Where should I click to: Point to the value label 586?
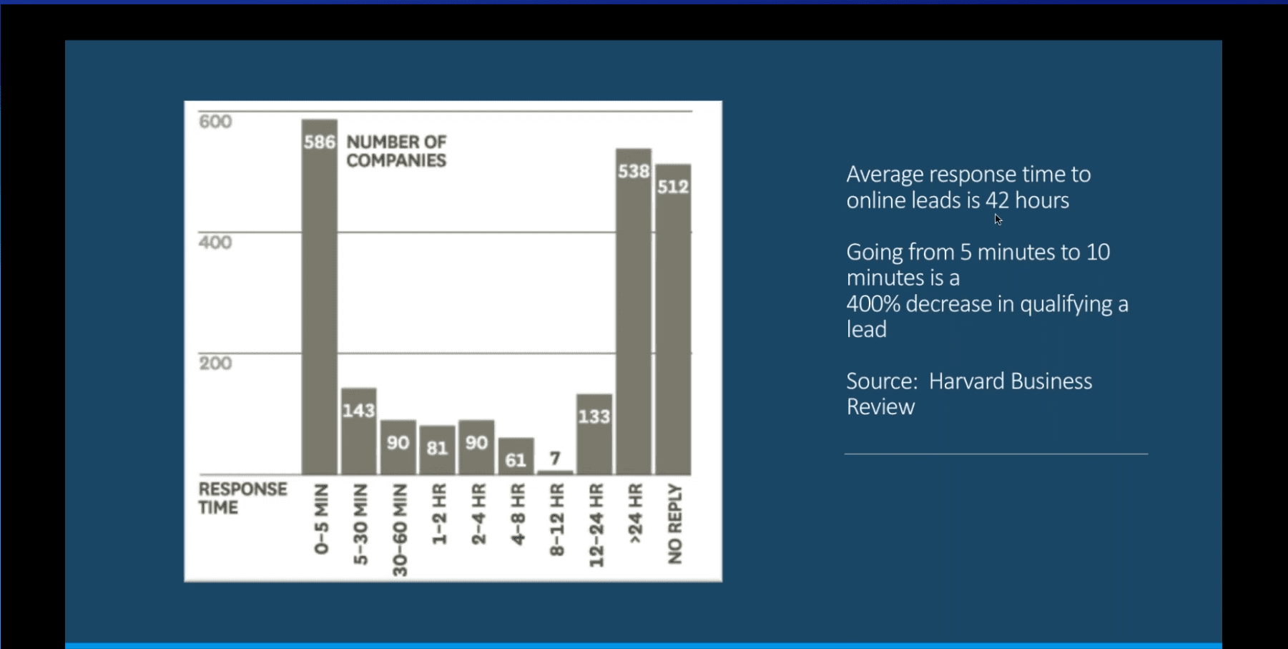319,142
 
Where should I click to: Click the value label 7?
555,458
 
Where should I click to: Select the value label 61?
516,460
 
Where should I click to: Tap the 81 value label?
437,448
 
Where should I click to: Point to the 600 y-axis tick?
215,122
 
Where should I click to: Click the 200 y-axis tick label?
215,363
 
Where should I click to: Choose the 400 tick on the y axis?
215,243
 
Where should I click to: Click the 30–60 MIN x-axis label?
400,530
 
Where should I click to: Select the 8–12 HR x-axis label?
557,519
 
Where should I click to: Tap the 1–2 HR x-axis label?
439,514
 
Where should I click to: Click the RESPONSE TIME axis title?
242,498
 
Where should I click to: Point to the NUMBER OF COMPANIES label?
396,151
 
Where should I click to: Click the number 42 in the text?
997,200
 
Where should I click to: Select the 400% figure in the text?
872,304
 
